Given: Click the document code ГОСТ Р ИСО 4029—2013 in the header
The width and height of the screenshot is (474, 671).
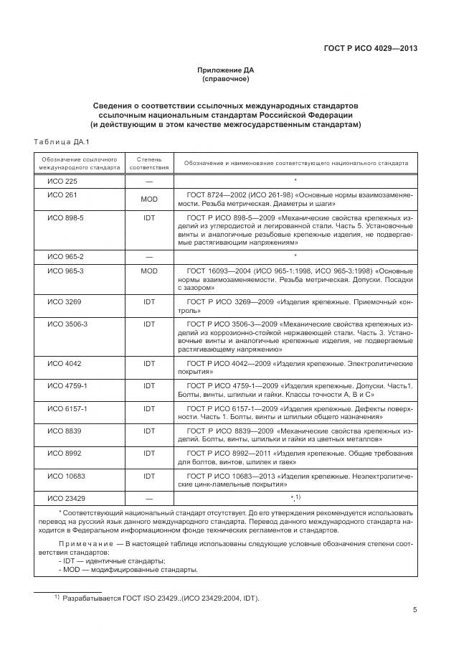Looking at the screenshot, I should click(370, 49).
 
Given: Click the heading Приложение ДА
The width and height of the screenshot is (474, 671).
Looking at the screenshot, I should click(226, 70).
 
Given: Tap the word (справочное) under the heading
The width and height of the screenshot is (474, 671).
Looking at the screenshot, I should click(226, 78).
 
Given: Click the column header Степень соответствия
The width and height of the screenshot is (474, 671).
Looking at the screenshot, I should click(149, 163).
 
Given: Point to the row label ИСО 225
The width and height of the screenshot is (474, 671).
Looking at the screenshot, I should click(62, 181).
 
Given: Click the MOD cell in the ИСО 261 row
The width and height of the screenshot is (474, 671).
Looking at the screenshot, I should click(149, 199).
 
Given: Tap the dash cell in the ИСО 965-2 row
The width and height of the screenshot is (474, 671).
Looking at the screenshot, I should click(149, 256).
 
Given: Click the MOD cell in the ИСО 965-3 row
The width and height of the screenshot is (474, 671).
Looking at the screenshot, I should click(149, 271).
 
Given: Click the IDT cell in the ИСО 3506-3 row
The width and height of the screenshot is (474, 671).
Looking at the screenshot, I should click(149, 324).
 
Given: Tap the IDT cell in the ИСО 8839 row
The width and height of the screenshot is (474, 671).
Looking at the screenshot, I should click(149, 431).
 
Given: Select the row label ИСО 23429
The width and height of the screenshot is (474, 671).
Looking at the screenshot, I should click(66, 498).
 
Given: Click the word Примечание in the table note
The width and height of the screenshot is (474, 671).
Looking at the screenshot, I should click(80, 544).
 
